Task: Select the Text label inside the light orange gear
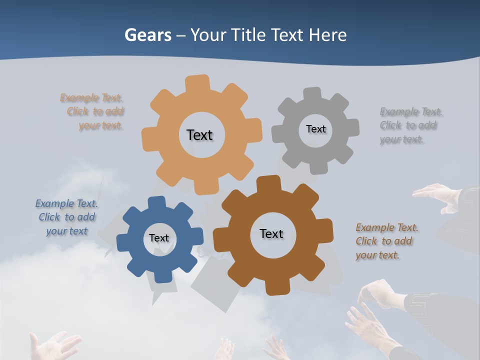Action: point(199,135)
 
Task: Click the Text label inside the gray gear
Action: point(315,129)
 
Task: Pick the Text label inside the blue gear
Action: point(159,238)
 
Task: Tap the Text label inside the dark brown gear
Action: point(271,233)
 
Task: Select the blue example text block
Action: point(66,217)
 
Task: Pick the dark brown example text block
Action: point(386,241)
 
